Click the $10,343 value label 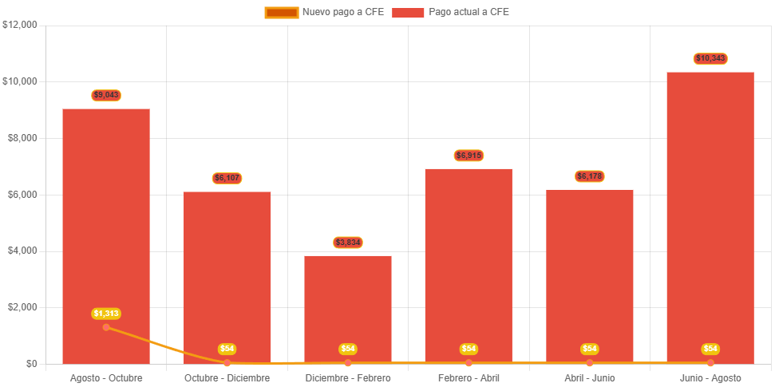[x=710, y=58]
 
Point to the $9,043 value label [x=106, y=95]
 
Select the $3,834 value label [x=348, y=242]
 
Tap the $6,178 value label [x=589, y=176]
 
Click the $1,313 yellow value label [x=106, y=314]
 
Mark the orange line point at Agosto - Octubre [x=106, y=327]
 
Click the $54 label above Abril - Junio [x=589, y=349]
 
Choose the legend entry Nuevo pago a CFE [x=324, y=12]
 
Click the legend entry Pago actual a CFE [x=451, y=12]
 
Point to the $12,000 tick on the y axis [x=20, y=25]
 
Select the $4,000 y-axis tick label [x=22, y=251]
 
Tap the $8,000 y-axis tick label [x=22, y=138]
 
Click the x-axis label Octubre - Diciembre [x=227, y=377]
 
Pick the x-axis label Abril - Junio [x=589, y=377]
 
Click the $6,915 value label [x=469, y=155]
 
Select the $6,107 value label [x=227, y=178]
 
